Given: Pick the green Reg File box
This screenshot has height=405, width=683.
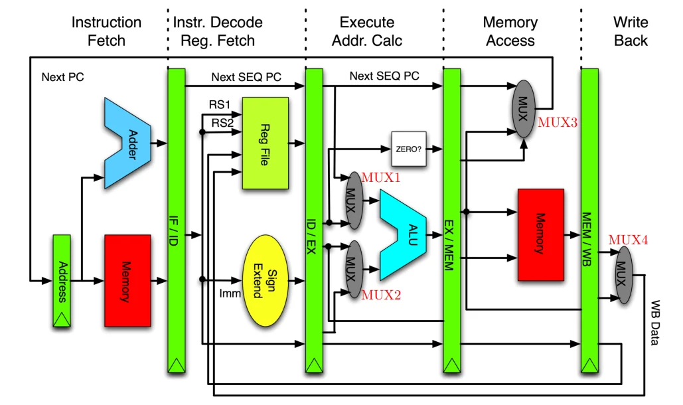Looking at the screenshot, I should [x=265, y=143].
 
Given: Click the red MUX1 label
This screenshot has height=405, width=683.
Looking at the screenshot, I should [x=381, y=177].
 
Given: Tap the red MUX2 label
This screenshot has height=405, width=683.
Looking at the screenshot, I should [x=381, y=295].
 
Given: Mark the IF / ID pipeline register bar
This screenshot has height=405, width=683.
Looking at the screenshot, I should [x=176, y=219].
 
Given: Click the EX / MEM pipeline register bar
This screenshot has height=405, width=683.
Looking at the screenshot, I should [x=451, y=219].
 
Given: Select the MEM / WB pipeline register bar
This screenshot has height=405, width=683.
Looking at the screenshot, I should [x=589, y=219].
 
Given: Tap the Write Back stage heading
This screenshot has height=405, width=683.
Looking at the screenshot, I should [x=630, y=31].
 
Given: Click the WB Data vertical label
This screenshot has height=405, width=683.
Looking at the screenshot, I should [x=654, y=323].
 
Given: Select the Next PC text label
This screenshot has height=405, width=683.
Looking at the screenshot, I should [x=62, y=77].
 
